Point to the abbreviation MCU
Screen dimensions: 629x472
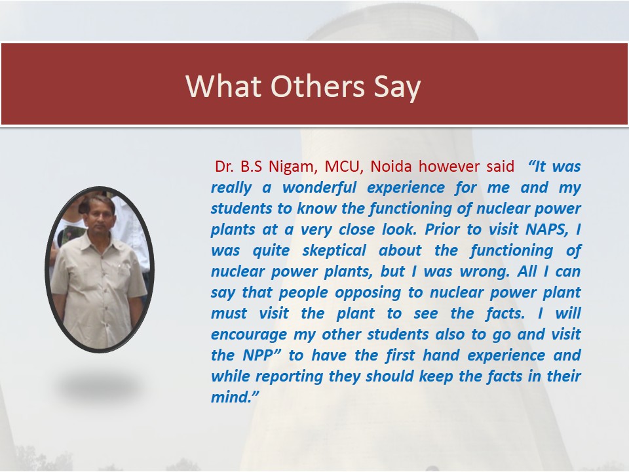pyautogui.click(x=344, y=167)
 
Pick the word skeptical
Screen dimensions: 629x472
pyautogui.click(x=334, y=250)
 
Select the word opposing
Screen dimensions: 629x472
pyautogui.click(x=368, y=292)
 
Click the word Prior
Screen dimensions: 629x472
pyautogui.click(x=442, y=229)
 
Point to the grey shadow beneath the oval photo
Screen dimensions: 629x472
pyautogui.click(x=100, y=386)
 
